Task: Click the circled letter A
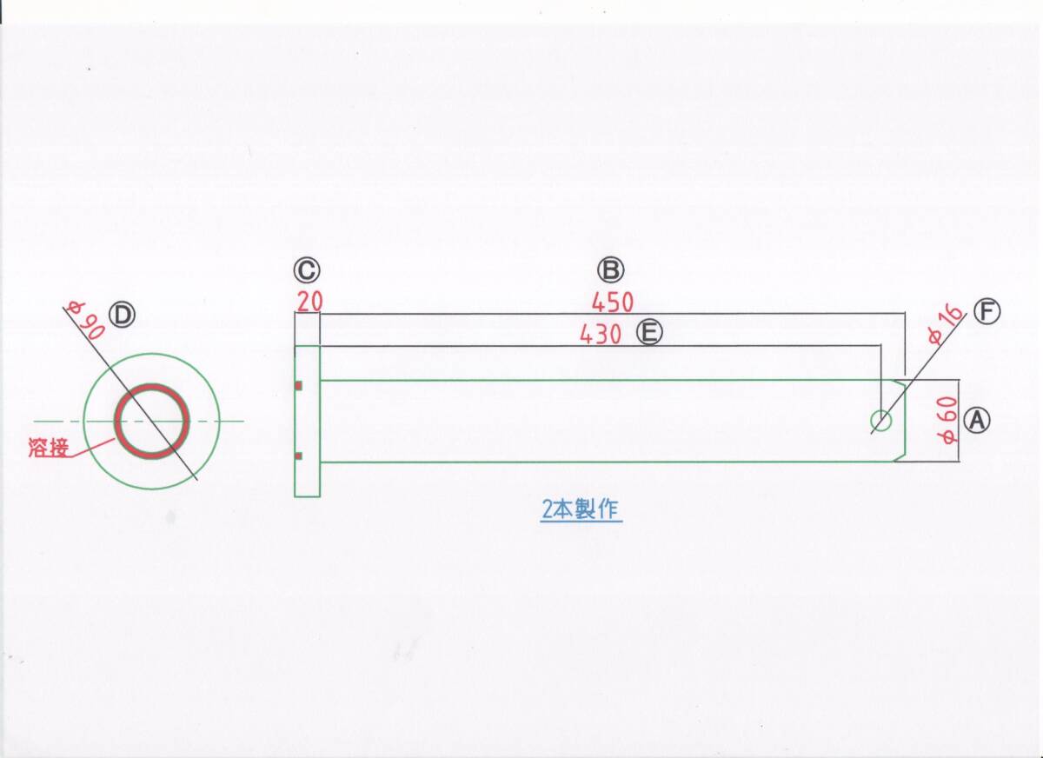pyautogui.click(x=977, y=421)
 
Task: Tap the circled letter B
pyautogui.click(x=610, y=270)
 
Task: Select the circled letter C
pyautogui.click(x=307, y=271)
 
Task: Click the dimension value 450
pyautogui.click(x=612, y=303)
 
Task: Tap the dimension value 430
pyautogui.click(x=601, y=334)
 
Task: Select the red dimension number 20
pyautogui.click(x=309, y=303)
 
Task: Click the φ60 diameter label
pyautogui.click(x=947, y=421)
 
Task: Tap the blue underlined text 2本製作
pyautogui.click(x=581, y=509)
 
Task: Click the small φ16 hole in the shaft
pyautogui.click(x=881, y=422)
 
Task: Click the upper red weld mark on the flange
pyautogui.click(x=298, y=386)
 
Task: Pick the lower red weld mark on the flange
pyautogui.click(x=298, y=456)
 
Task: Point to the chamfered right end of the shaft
pyautogui.click(x=901, y=422)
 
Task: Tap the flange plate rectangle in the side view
pyautogui.click(x=308, y=422)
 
